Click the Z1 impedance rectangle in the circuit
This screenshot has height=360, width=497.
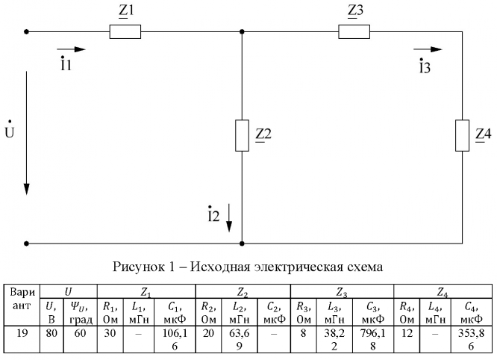point(125,32)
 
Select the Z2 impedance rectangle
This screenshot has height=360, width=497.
point(242,134)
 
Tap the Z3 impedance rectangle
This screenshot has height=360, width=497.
point(354,32)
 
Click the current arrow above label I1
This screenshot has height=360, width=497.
point(72,49)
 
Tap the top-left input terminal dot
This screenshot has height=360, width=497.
point(27,32)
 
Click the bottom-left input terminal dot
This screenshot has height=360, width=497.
point(27,243)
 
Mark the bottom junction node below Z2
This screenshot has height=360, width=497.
point(242,243)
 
